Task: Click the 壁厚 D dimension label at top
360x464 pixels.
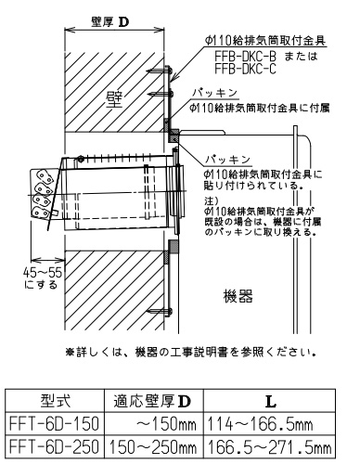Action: (110, 22)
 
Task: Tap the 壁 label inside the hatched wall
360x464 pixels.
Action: (114, 99)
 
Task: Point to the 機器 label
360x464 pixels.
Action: (238, 296)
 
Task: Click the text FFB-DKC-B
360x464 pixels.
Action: (245, 57)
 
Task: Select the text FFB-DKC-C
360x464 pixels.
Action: (245, 69)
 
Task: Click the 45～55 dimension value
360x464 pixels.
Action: (43, 273)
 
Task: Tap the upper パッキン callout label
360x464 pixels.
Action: (214, 93)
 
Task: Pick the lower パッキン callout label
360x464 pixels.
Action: (227, 160)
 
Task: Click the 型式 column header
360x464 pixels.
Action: (56, 401)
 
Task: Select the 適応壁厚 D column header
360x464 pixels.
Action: (152, 401)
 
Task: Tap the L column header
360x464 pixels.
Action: (271, 402)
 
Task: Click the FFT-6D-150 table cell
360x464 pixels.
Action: (55, 423)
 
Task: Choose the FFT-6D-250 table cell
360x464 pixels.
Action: (55, 446)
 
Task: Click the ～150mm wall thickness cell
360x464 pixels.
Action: (166, 423)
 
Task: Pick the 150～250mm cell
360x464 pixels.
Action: (153, 446)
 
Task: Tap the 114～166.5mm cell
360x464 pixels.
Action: (260, 423)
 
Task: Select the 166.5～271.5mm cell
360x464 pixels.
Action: (269, 446)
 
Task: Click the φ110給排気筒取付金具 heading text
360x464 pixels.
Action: (265, 41)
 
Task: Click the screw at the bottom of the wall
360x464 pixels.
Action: (160, 311)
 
